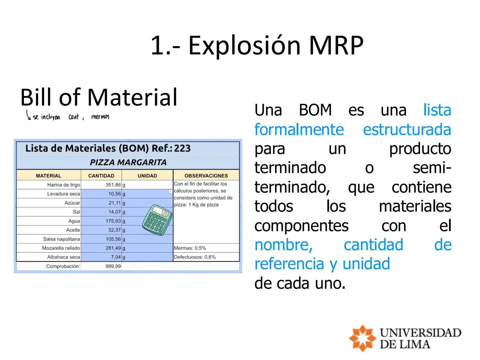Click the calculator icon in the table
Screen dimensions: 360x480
click(x=157, y=220)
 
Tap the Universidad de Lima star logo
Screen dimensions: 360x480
click(x=362, y=338)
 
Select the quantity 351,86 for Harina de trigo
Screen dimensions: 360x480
click(x=113, y=185)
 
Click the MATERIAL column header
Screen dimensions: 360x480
click(x=49, y=176)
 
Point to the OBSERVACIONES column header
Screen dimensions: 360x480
click(x=206, y=176)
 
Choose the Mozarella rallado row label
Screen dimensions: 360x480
click(x=61, y=248)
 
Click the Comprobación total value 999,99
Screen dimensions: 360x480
click(x=113, y=266)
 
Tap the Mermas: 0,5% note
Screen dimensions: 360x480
click(x=190, y=248)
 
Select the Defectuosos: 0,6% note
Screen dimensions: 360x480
click(x=195, y=257)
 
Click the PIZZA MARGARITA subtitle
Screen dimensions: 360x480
click(x=128, y=162)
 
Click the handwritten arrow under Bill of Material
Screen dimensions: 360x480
click(x=28, y=115)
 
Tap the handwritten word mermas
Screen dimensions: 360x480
click(x=100, y=117)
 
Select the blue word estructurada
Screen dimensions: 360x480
click(x=407, y=129)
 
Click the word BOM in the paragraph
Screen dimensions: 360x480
click(x=315, y=110)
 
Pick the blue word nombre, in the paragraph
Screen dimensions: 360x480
click(x=283, y=245)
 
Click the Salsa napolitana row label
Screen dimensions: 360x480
click(x=62, y=239)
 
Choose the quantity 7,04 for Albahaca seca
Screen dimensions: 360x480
click(x=116, y=257)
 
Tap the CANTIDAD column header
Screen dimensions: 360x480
click(x=101, y=176)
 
